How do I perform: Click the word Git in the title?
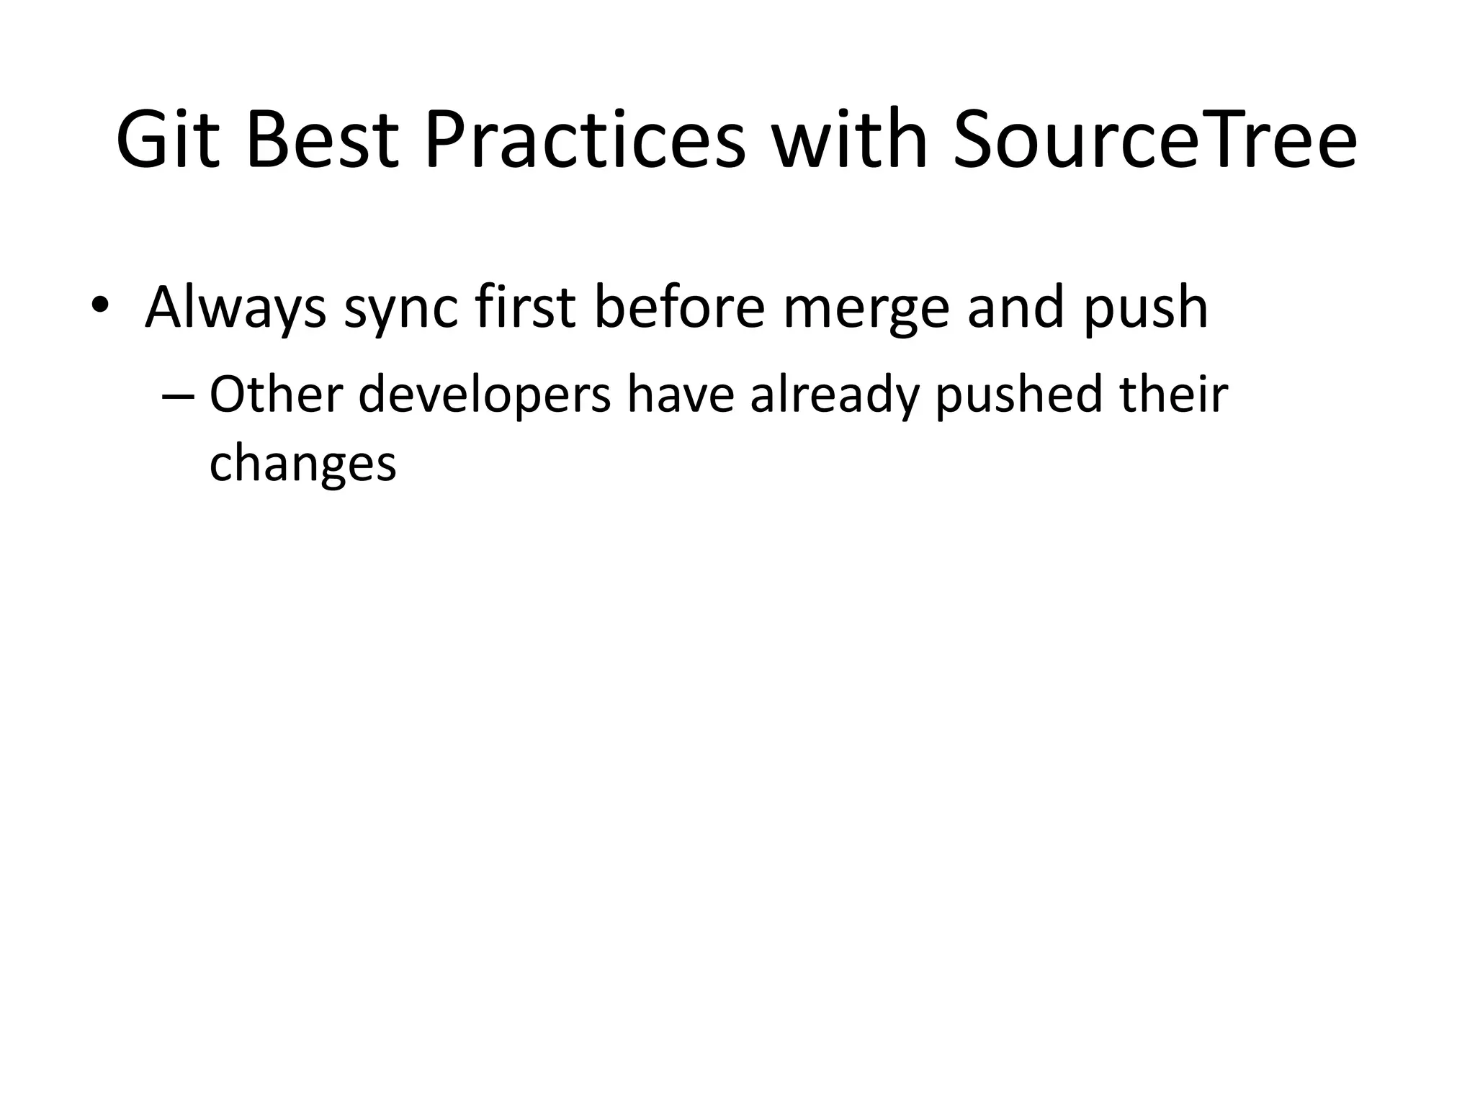(x=167, y=140)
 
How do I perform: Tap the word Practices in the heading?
(x=584, y=140)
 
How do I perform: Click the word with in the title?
(x=849, y=140)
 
